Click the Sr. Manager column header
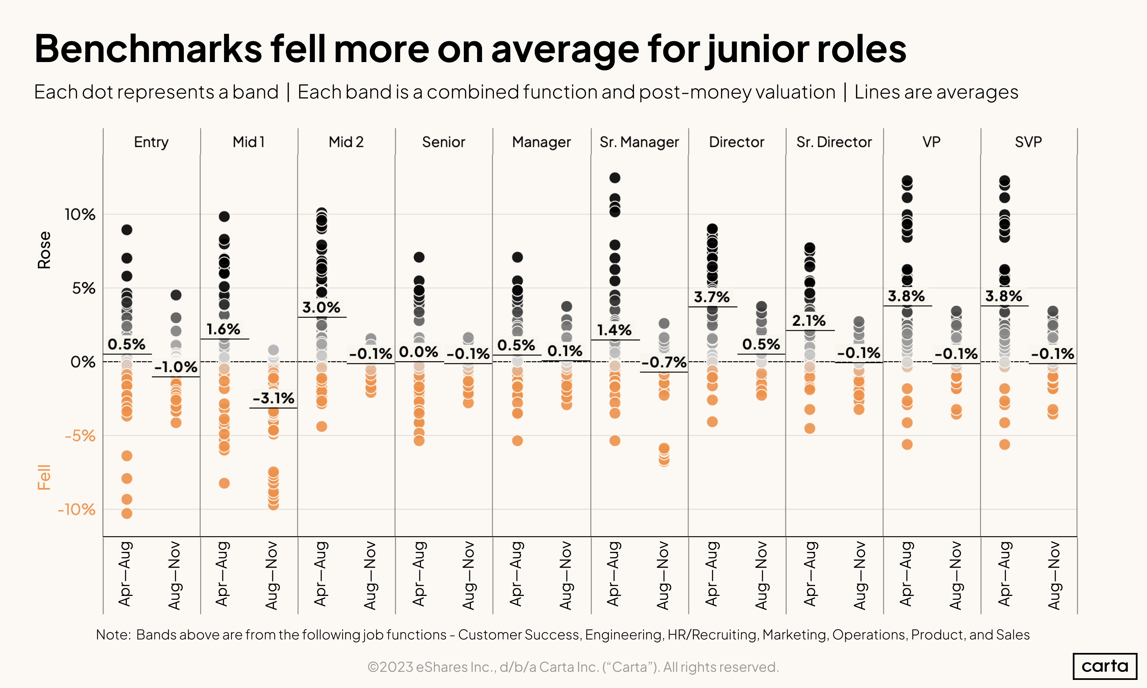pyautogui.click(x=639, y=142)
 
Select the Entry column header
pyautogui.click(x=151, y=142)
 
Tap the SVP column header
pyautogui.click(x=1028, y=142)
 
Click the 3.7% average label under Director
pyautogui.click(x=712, y=297)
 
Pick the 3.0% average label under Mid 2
pyautogui.click(x=321, y=307)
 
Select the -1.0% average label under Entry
pyautogui.click(x=176, y=367)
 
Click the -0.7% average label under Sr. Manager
pyautogui.click(x=664, y=362)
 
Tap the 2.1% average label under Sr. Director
pyautogui.click(x=809, y=320)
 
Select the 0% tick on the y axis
pyautogui.click(x=83, y=362)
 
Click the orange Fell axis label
pyautogui.click(x=44, y=477)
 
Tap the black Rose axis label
pyautogui.click(x=44, y=250)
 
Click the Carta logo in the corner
pyautogui.click(x=1104, y=666)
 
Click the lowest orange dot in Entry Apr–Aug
pyautogui.click(x=127, y=513)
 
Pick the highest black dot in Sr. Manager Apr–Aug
pyautogui.click(x=615, y=177)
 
